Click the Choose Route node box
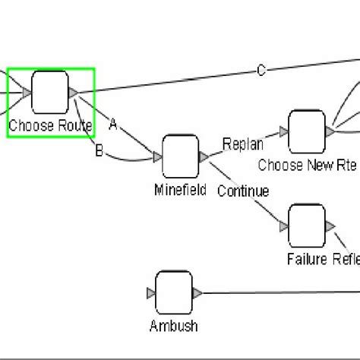click(x=50, y=93)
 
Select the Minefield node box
click(x=180, y=157)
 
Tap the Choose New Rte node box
click(x=307, y=131)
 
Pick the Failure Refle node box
click(x=307, y=226)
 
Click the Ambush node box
click(x=173, y=293)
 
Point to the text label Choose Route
click(x=50, y=125)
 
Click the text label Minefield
click(x=180, y=190)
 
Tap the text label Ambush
click(x=174, y=326)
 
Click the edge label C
click(x=261, y=71)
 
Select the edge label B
click(x=99, y=151)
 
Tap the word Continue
click(x=242, y=191)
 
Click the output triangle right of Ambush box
click(x=197, y=293)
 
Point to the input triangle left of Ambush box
click(x=150, y=293)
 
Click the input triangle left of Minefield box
click(x=157, y=157)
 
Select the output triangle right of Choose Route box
click(x=73, y=93)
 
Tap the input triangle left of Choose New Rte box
click(x=284, y=132)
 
